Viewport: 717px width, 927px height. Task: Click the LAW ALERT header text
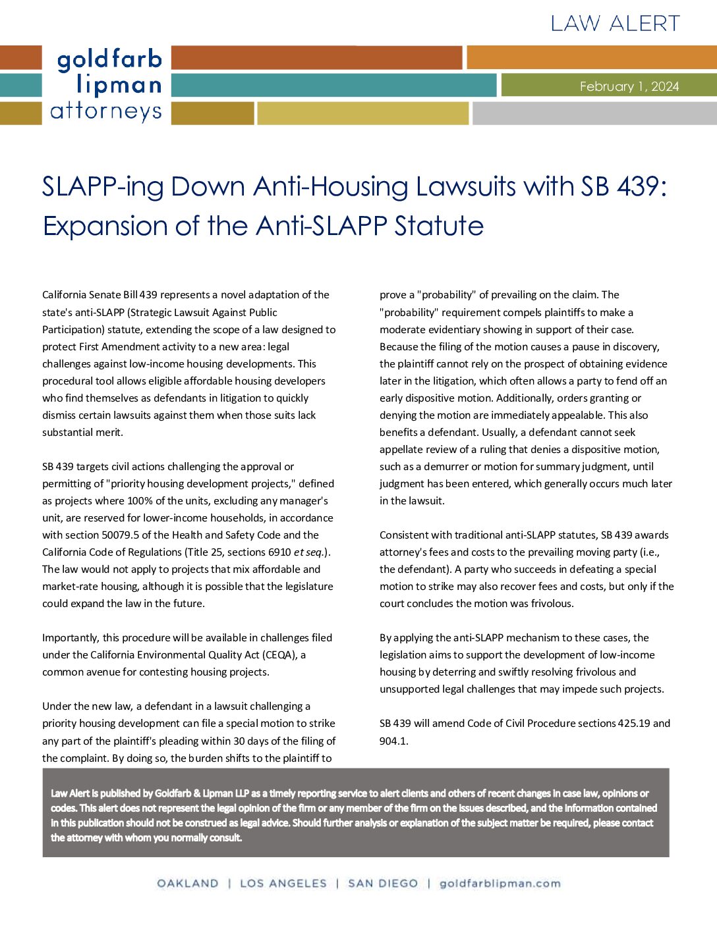pyautogui.click(x=615, y=24)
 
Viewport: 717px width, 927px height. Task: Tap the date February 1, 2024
pyautogui.click(x=629, y=86)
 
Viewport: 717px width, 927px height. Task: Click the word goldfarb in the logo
pyautogui.click(x=109, y=60)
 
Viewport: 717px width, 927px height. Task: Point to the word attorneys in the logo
pyautogui.click(x=106, y=111)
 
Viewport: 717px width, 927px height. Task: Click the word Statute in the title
pyautogui.click(x=439, y=226)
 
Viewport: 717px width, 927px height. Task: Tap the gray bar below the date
pyautogui.click(x=594, y=113)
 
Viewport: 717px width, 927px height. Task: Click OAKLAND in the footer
pyautogui.click(x=188, y=884)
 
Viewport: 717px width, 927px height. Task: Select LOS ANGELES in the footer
pyautogui.click(x=283, y=884)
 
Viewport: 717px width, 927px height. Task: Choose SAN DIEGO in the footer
pyautogui.click(x=383, y=884)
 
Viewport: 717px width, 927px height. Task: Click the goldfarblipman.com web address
pyautogui.click(x=500, y=884)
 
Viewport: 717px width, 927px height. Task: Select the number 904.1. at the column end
pyautogui.click(x=394, y=741)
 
